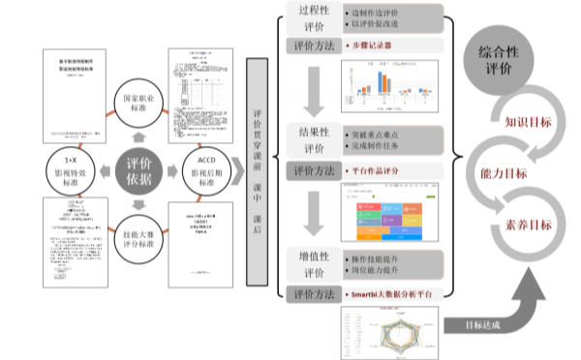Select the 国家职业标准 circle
point(138,105)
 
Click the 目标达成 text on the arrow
point(482,325)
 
